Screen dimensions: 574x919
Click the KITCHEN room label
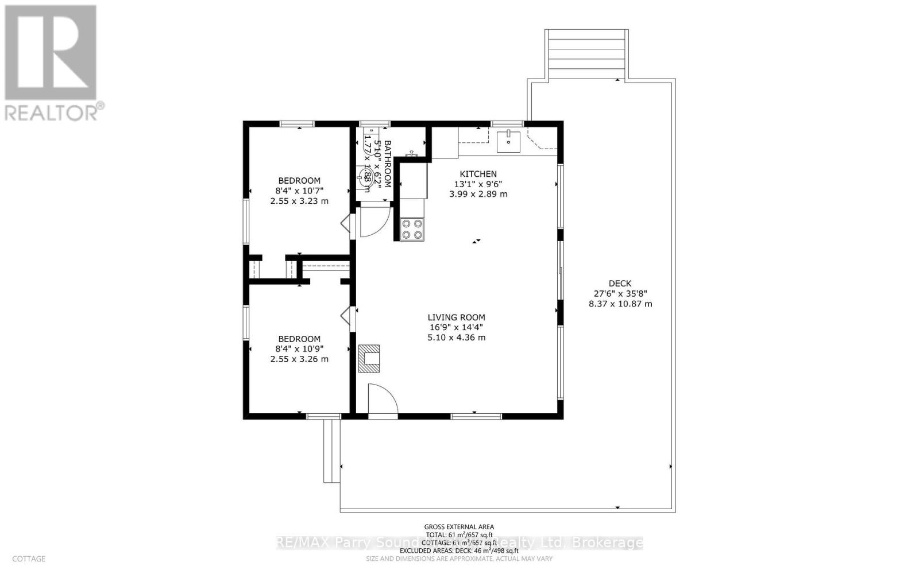coord(478,174)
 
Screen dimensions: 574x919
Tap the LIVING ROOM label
coord(456,317)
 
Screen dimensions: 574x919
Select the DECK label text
coord(620,283)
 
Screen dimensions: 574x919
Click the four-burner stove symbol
coord(411,229)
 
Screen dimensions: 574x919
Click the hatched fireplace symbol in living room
coord(369,358)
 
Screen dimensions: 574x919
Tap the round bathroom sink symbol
coord(366,175)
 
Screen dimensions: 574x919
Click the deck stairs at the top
coord(585,54)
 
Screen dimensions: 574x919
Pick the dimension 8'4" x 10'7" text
coord(299,191)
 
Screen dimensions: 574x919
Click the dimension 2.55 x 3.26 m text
coord(299,359)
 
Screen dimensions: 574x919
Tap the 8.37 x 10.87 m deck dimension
coord(620,304)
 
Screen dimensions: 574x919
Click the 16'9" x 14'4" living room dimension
coord(456,327)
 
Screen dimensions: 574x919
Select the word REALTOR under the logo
coord(52,111)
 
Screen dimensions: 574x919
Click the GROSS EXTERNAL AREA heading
coord(459,526)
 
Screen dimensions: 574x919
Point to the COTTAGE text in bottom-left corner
coord(29,559)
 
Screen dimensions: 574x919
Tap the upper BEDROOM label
coord(299,180)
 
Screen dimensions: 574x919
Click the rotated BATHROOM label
coord(387,164)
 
